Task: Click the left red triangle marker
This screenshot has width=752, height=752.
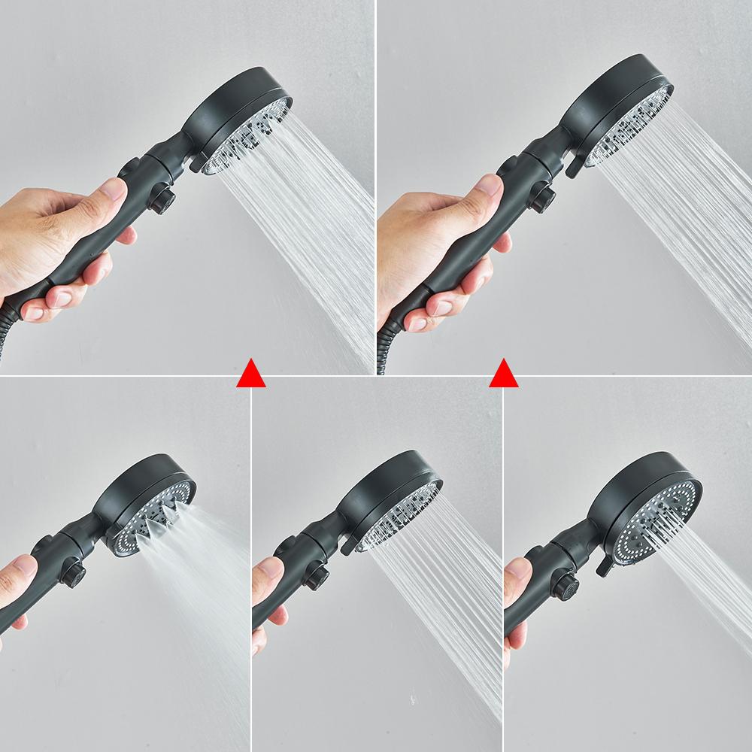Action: coord(250,374)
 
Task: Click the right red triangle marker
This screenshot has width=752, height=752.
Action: coord(503,374)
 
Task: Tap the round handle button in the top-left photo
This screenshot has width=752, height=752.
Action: coord(162,201)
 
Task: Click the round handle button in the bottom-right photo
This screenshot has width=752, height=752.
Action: coord(566,586)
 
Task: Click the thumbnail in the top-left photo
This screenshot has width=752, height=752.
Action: coord(113,189)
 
